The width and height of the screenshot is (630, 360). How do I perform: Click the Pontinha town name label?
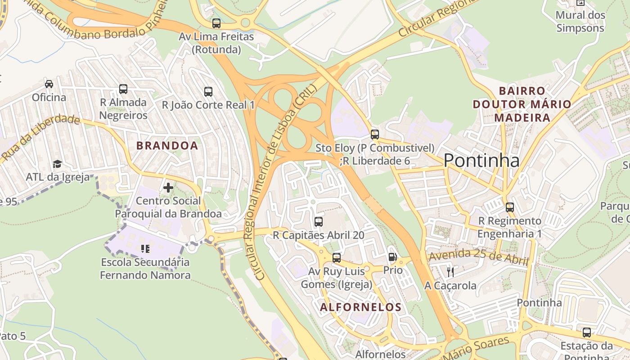[x=481, y=160]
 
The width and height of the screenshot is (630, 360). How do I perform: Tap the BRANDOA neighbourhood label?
[x=167, y=145]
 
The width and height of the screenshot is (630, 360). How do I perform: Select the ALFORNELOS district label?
[x=360, y=307]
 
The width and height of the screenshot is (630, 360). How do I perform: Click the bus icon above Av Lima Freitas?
[x=216, y=23]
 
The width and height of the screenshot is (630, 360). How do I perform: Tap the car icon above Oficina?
[x=49, y=84]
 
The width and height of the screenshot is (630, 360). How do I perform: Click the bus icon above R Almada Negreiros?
[x=123, y=89]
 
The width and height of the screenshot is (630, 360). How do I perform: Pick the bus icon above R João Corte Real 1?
[x=208, y=92]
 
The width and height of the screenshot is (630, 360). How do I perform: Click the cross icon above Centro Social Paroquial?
[x=168, y=188]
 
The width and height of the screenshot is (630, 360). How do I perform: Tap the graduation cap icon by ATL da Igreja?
[x=57, y=164]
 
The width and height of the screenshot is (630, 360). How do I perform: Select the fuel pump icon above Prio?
[x=392, y=257]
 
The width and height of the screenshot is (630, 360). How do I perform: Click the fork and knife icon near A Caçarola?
[x=450, y=272]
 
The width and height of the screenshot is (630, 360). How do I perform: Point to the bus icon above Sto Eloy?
[x=374, y=134]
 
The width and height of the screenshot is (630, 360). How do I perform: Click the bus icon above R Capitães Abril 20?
[x=318, y=221]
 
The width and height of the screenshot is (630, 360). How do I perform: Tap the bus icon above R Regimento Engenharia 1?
[x=509, y=207]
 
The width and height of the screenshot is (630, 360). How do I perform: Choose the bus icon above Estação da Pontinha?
[x=586, y=333]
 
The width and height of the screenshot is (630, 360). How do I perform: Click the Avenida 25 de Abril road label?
[x=478, y=256]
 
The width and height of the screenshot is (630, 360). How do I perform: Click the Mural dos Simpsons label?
[x=580, y=21]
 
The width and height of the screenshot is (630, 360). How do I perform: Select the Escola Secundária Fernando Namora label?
[x=145, y=268]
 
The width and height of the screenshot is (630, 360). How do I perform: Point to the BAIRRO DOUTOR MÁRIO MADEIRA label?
[x=522, y=104]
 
